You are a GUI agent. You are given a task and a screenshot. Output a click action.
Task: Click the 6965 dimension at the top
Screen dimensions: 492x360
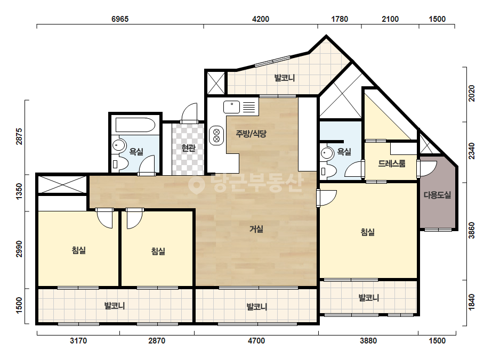(120, 19)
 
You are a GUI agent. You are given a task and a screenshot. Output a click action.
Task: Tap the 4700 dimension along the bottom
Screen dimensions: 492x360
(256, 340)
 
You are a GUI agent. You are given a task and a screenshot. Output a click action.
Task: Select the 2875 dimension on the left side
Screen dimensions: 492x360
(19, 136)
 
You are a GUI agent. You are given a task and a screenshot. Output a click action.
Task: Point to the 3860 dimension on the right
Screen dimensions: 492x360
(472, 231)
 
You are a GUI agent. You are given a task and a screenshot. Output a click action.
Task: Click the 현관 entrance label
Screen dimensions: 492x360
(188, 148)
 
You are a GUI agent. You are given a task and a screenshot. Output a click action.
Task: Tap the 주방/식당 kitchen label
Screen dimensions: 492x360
(251, 134)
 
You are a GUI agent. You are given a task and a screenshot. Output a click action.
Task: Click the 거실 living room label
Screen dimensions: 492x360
(256, 229)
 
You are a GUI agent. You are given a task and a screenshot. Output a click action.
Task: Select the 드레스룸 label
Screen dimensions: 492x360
(392, 163)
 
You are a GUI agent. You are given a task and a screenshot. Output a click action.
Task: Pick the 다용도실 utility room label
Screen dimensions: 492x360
(437, 195)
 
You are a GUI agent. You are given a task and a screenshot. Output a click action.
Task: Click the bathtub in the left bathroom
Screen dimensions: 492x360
(135, 125)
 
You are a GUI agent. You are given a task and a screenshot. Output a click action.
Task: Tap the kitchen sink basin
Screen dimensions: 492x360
(231, 107)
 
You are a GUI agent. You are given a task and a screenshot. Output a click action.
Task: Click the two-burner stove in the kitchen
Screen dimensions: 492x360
(216, 135)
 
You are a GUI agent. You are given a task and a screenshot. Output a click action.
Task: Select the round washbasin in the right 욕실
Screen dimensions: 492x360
(327, 153)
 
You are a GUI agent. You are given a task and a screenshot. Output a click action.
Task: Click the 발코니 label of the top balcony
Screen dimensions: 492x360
(285, 78)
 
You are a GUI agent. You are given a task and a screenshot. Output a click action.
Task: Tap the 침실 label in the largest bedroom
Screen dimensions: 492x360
(367, 232)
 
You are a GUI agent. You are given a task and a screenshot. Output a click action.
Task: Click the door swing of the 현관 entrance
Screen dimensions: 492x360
(190, 112)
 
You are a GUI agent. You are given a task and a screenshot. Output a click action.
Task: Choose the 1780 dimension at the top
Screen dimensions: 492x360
(340, 19)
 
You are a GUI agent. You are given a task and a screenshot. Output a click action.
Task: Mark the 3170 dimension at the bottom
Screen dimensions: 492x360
(78, 340)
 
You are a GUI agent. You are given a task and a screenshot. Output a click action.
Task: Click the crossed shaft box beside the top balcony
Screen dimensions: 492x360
(216, 82)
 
